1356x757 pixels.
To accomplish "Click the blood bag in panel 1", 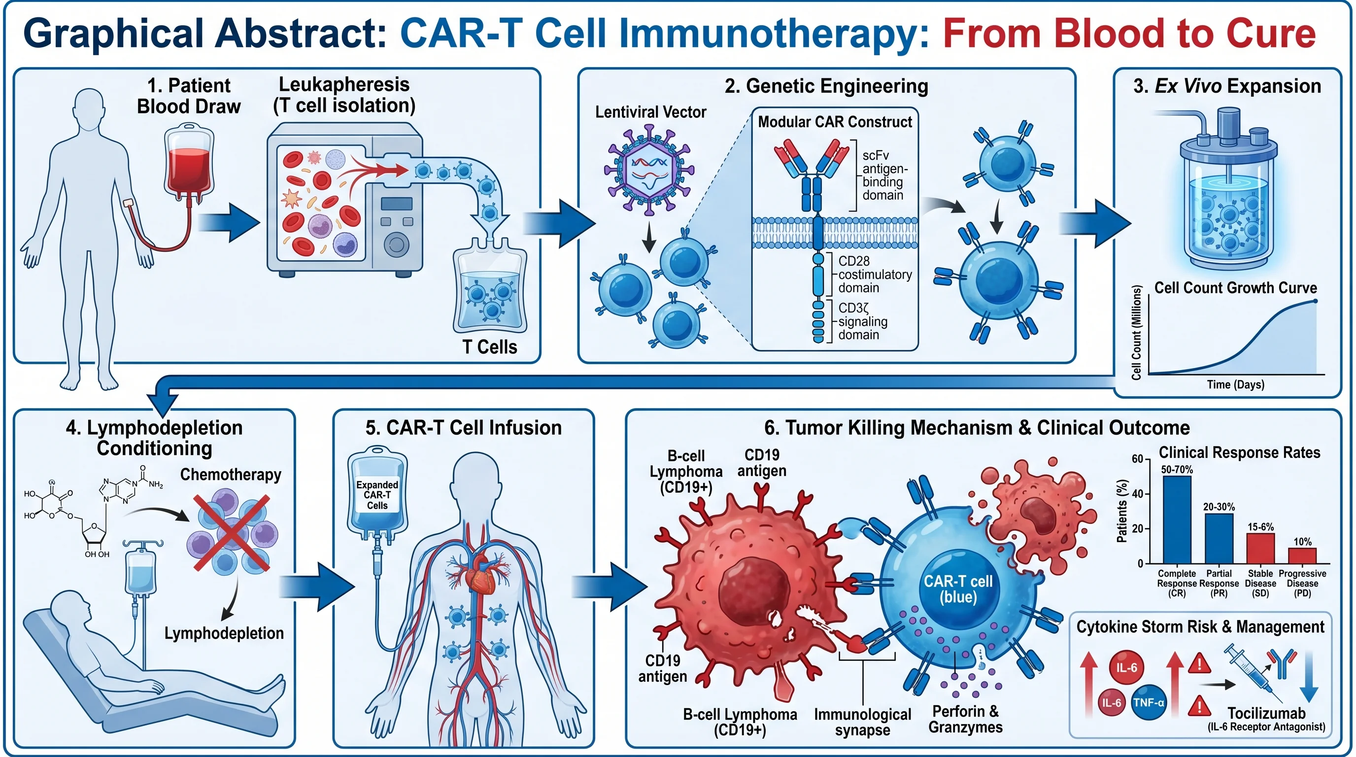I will click(x=188, y=163).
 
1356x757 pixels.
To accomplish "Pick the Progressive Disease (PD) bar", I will click(x=1302, y=555).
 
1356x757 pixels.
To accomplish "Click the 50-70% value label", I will click(x=1177, y=470).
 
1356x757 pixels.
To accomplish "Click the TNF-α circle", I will click(x=1149, y=703).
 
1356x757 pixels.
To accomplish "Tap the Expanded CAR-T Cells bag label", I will click(x=377, y=495).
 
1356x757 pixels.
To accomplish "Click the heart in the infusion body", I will click(x=480, y=575).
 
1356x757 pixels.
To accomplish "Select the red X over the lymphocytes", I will click(x=232, y=533).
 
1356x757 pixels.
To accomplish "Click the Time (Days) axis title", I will click(x=1235, y=384).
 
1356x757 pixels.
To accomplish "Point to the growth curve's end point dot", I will click(x=1315, y=301).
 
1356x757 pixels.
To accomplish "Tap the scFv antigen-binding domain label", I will click(x=884, y=175).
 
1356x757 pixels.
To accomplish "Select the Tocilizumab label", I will click(x=1266, y=713).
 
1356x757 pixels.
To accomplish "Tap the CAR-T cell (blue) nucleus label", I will click(x=958, y=588).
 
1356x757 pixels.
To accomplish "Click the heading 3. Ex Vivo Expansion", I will click(x=1226, y=86).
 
